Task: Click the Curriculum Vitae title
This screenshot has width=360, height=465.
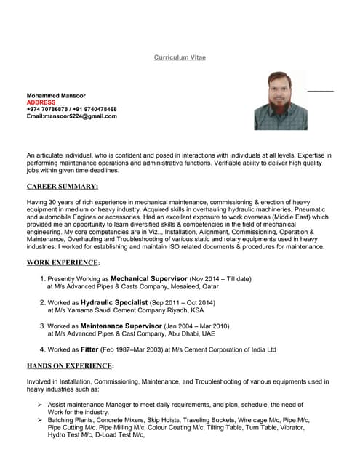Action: (x=180, y=57)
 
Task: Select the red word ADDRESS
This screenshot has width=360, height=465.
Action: (x=41, y=102)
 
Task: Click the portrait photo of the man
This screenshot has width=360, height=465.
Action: (x=280, y=100)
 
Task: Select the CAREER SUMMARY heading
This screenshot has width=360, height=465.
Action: (x=63, y=187)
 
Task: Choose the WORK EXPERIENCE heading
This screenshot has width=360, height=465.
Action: (x=63, y=262)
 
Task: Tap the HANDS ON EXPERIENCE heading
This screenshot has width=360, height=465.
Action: (x=71, y=365)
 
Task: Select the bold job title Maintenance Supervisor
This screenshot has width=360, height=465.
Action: (x=127, y=326)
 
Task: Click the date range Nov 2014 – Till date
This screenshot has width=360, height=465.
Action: (x=220, y=279)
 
